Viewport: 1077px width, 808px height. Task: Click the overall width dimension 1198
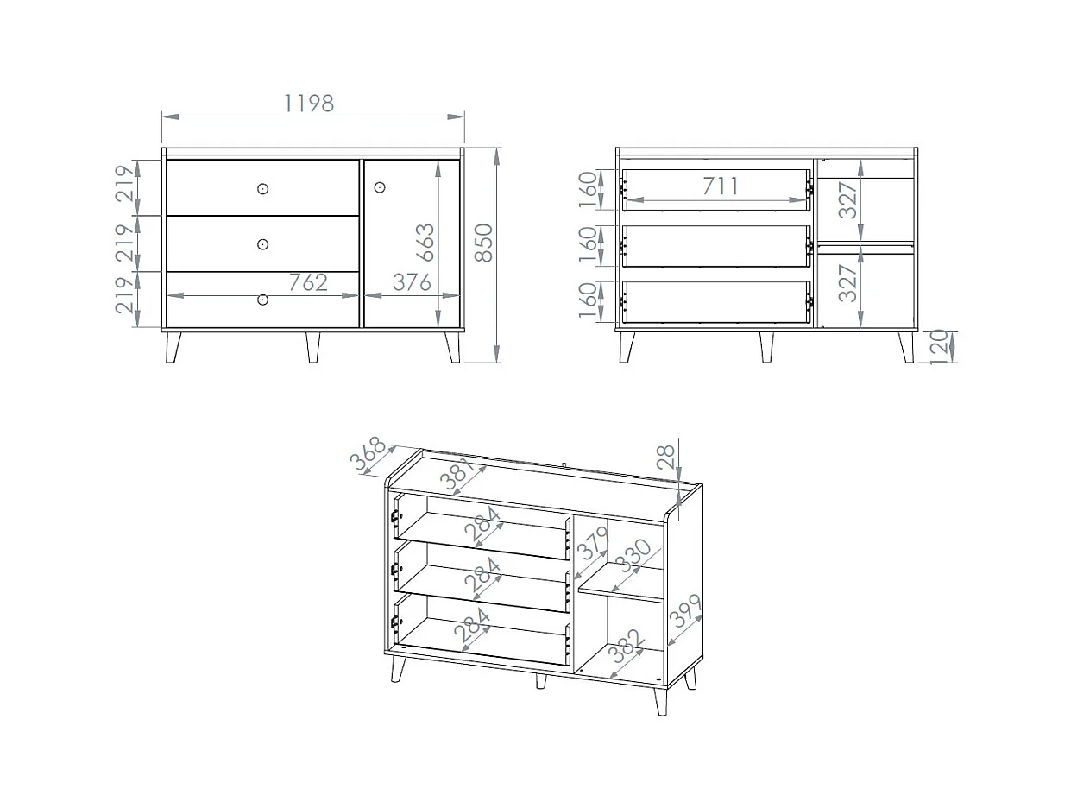click(309, 104)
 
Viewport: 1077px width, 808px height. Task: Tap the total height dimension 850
click(484, 243)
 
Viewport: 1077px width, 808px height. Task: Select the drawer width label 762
click(308, 282)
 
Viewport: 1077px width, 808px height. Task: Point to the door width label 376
click(412, 282)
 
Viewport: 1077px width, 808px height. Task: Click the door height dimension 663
click(425, 243)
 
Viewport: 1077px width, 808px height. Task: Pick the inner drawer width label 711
click(721, 186)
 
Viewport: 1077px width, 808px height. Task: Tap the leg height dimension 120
click(938, 347)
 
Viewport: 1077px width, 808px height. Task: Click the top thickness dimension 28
click(666, 458)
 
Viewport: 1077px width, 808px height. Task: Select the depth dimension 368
click(368, 454)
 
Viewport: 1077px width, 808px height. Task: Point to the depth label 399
click(686, 611)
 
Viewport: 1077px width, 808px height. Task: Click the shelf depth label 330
click(635, 556)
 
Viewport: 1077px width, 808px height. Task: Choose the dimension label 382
click(625, 646)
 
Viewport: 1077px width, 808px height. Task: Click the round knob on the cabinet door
click(380, 187)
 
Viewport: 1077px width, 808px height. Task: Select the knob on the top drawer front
click(262, 189)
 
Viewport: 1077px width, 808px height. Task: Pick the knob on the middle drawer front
click(262, 244)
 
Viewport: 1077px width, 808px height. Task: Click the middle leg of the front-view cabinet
click(313, 348)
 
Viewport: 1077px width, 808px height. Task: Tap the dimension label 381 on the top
click(457, 474)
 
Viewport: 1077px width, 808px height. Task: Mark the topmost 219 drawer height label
click(124, 184)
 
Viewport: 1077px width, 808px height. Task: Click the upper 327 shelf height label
click(847, 200)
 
